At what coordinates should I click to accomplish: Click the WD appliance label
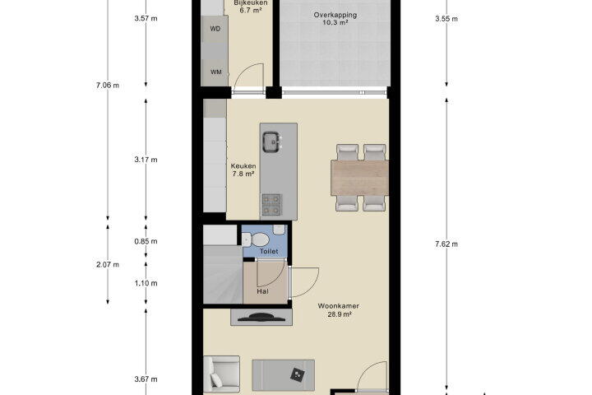pyautogui.click(x=215, y=29)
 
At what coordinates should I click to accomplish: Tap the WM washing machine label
pyautogui.click(x=216, y=72)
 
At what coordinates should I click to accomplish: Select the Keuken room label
pyautogui.click(x=243, y=166)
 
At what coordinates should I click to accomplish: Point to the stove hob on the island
pyautogui.click(x=271, y=204)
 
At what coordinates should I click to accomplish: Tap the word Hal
pyautogui.click(x=262, y=291)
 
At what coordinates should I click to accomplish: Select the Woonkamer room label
pyautogui.click(x=338, y=306)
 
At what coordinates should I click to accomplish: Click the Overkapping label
pyautogui.click(x=335, y=15)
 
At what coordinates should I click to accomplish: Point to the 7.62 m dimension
pyautogui.click(x=446, y=244)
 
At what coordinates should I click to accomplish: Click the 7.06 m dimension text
pyautogui.click(x=108, y=86)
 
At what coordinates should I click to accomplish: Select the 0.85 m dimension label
pyautogui.click(x=146, y=241)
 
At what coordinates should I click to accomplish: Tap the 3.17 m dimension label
pyautogui.click(x=146, y=160)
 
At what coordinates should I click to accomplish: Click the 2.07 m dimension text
pyautogui.click(x=108, y=265)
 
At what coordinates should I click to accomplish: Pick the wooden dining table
pyautogui.click(x=360, y=178)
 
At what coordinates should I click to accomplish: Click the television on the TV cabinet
pyautogui.click(x=261, y=317)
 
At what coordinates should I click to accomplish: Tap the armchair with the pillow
pyautogui.click(x=221, y=374)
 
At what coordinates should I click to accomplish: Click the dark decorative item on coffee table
pyautogui.click(x=298, y=374)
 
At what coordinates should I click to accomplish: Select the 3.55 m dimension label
pyautogui.click(x=446, y=19)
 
